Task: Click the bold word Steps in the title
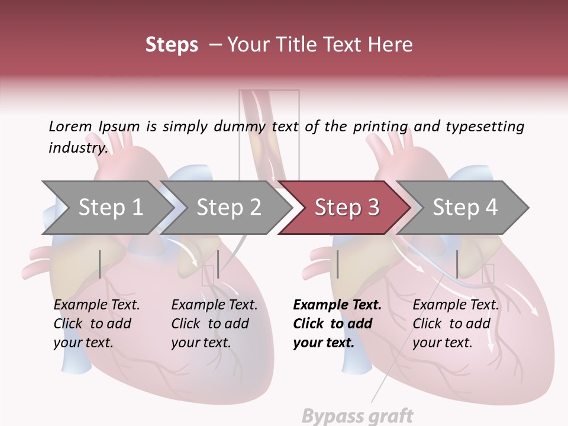(172, 45)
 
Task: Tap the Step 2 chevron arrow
(227, 208)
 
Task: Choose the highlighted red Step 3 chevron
(346, 208)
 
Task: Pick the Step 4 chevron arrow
(464, 208)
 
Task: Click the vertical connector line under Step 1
(100, 264)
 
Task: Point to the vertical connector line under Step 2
(218, 264)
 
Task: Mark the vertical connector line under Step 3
(337, 264)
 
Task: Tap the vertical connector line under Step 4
(457, 264)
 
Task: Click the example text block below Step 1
(96, 324)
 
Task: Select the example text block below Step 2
(214, 324)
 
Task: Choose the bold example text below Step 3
(337, 324)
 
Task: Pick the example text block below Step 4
(456, 324)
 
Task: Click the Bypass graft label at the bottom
(357, 416)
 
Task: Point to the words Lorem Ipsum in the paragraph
(94, 127)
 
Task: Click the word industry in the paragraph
(78, 148)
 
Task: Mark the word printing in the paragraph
(380, 127)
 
